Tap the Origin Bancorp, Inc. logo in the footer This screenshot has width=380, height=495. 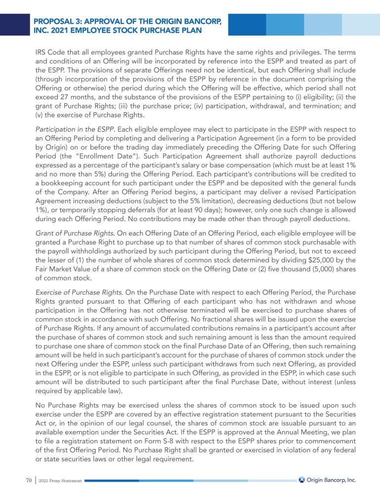tap(327, 480)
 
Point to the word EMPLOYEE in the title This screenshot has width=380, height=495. tap(103, 32)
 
